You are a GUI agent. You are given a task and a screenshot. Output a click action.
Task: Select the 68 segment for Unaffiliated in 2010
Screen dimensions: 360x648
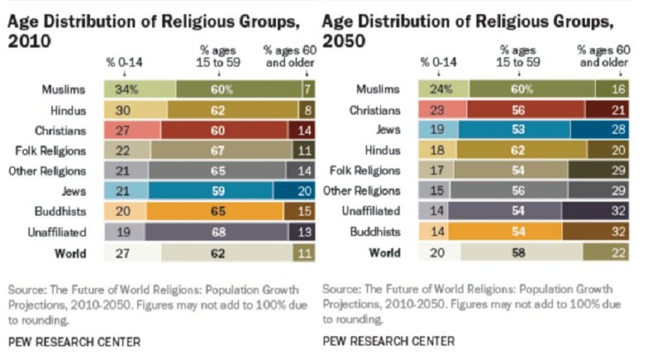(x=217, y=232)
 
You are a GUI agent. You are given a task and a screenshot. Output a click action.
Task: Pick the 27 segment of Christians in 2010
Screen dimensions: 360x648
(x=132, y=130)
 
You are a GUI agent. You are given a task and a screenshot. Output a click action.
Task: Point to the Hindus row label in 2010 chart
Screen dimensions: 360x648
(x=68, y=111)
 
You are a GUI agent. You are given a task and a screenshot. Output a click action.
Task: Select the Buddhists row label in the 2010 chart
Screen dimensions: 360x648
(x=62, y=212)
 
